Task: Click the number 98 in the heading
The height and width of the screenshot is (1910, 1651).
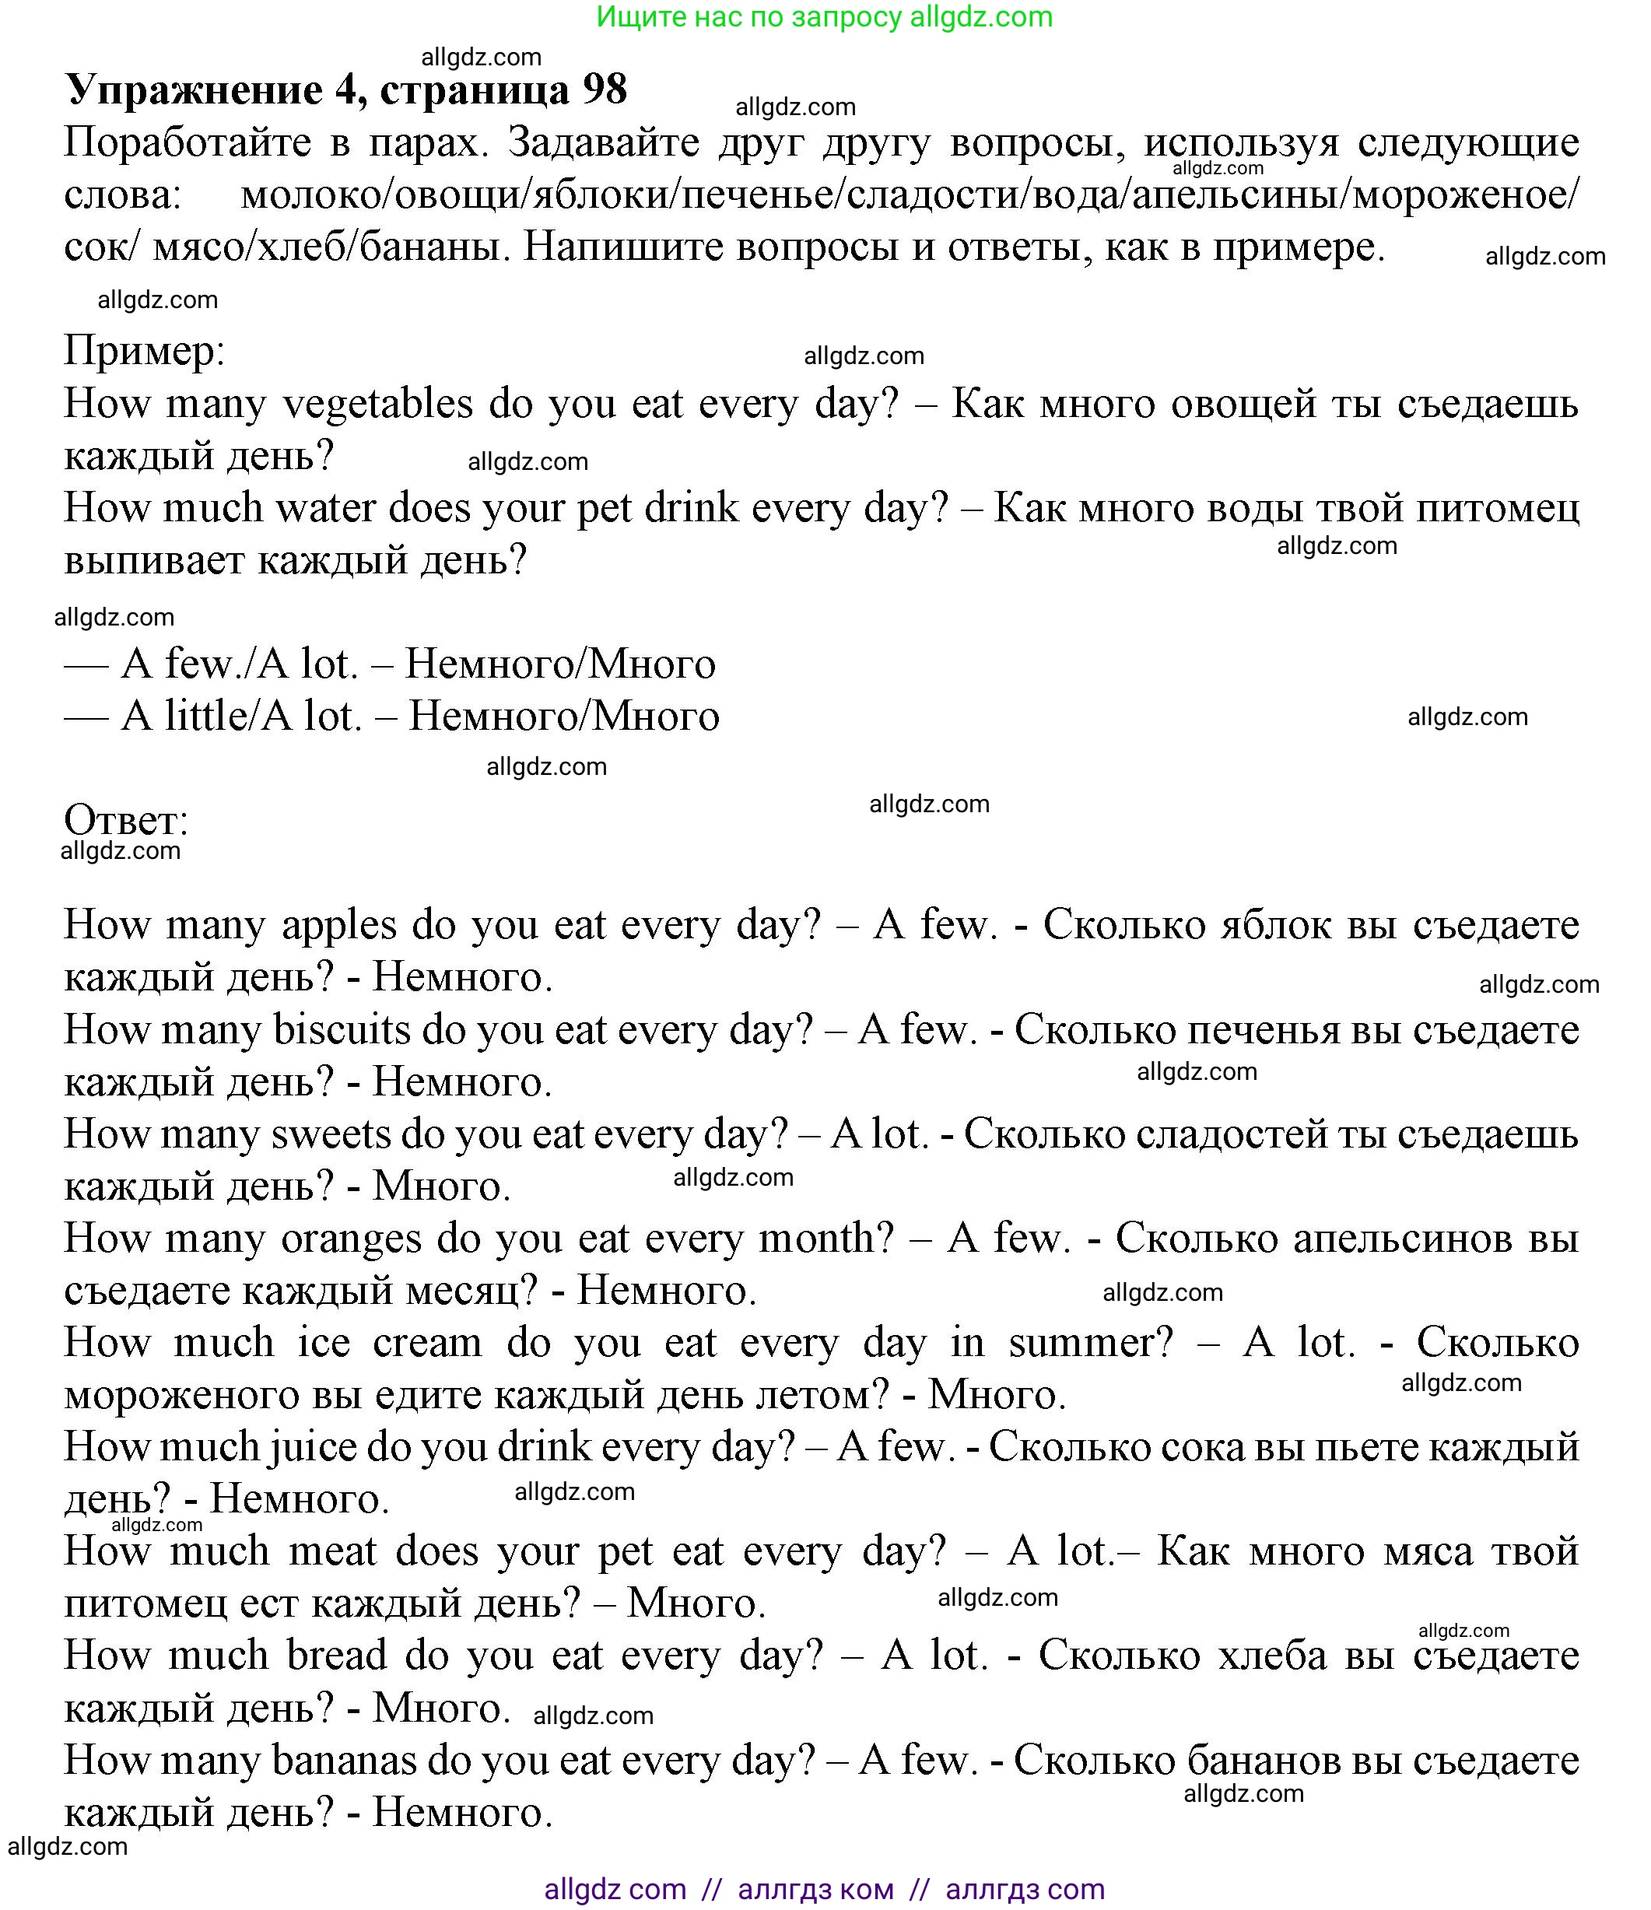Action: click(605, 89)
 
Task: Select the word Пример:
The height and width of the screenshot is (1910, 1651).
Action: click(145, 351)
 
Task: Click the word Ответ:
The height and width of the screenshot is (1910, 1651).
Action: click(126, 818)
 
